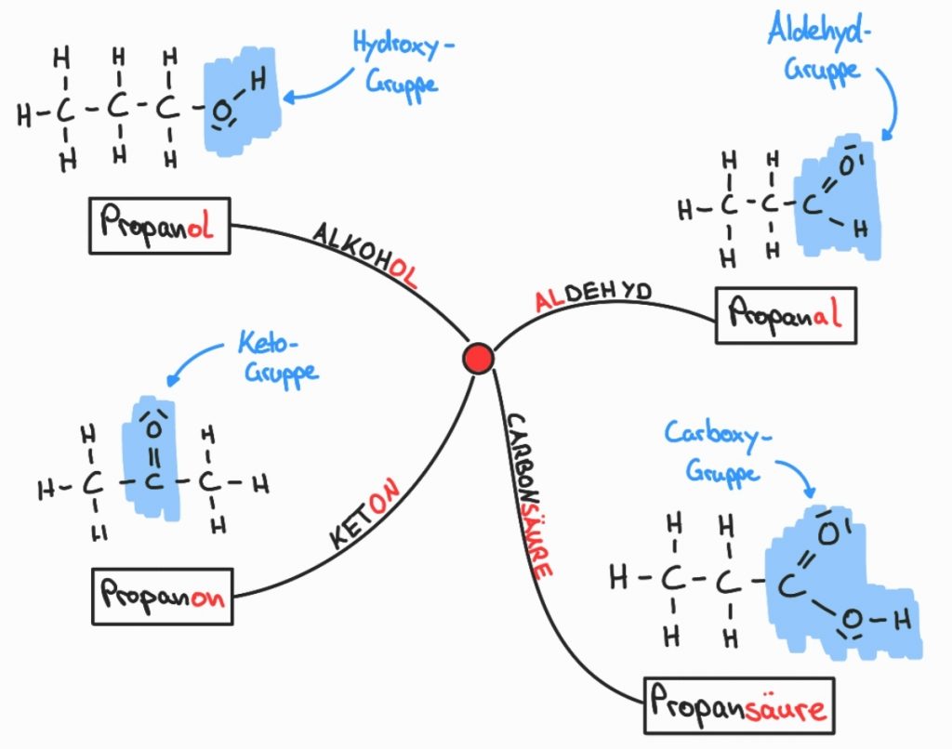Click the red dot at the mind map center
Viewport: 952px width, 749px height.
pos(479,358)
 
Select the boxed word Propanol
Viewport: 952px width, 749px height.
pos(160,226)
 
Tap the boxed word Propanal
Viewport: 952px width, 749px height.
pos(785,316)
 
